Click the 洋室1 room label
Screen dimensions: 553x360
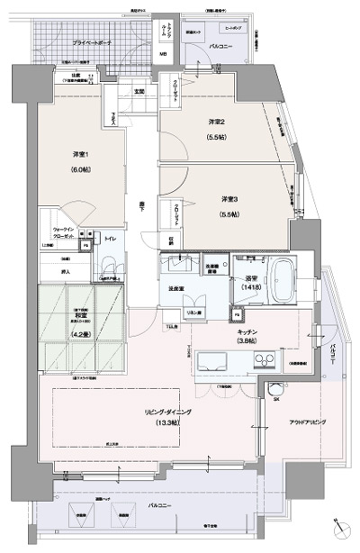[x=80, y=155]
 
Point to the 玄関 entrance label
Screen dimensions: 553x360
[x=140, y=91]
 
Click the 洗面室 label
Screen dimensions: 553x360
[x=176, y=288]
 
